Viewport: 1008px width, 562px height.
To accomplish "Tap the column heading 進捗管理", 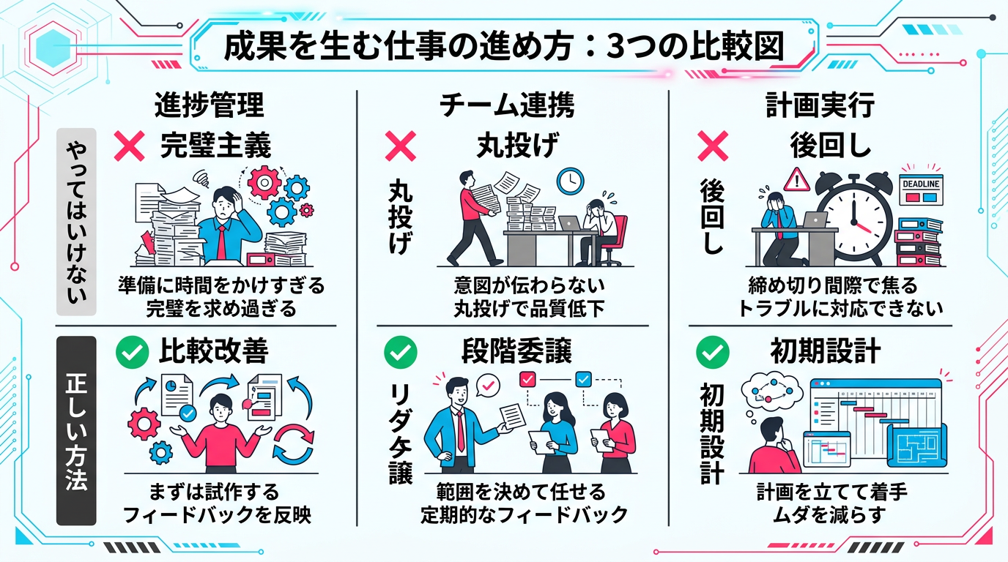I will tap(209, 106).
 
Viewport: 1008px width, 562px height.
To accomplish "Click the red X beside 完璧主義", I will tap(130, 146).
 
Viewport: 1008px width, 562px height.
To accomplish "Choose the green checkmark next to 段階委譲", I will tap(401, 353).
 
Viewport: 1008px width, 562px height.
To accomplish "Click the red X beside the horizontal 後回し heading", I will tap(712, 146).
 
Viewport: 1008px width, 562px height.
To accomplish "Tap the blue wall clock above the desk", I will tap(570, 180).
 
